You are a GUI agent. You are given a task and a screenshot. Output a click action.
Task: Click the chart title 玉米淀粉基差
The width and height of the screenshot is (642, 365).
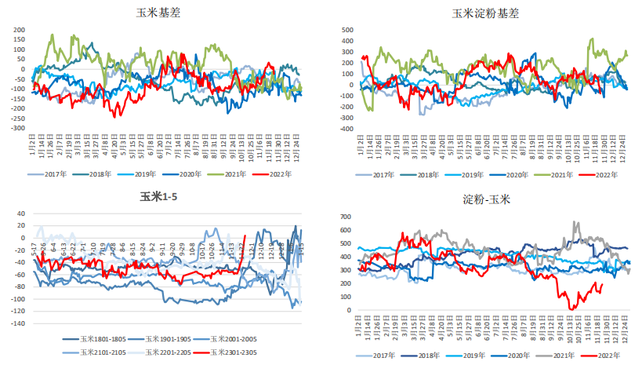[x=484, y=13]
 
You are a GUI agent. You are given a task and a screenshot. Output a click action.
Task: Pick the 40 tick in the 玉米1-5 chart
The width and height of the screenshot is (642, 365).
[x=21, y=214]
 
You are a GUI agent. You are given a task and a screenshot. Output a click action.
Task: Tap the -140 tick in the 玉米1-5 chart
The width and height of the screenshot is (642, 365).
[x=17, y=323]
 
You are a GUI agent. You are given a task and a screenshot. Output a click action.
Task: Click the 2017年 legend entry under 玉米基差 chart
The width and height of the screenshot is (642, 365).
[x=66, y=174]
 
